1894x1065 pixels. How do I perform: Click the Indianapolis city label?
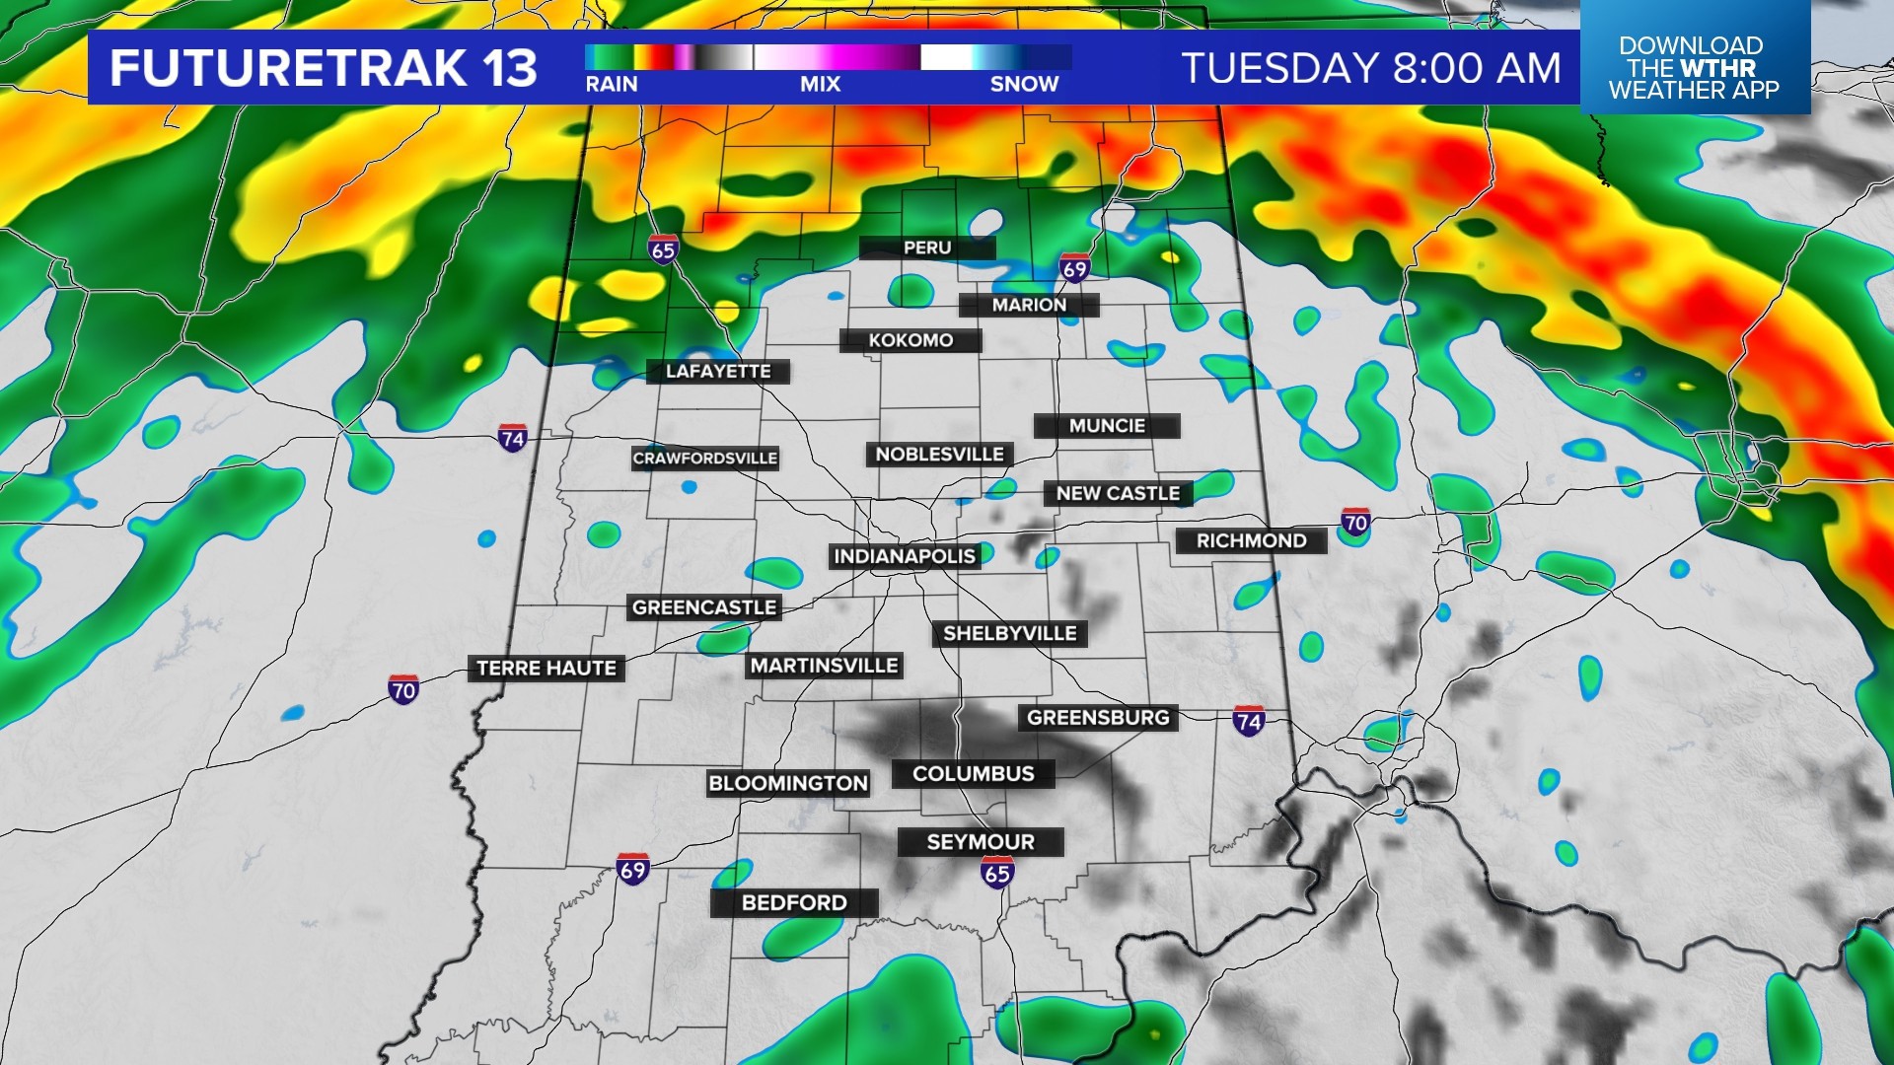click(x=905, y=556)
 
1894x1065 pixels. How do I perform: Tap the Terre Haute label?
click(x=546, y=669)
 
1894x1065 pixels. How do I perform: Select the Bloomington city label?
click(x=787, y=784)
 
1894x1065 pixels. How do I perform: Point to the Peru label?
click(x=927, y=248)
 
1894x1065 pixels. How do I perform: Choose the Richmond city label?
click(x=1251, y=540)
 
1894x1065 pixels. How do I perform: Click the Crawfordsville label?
click(x=705, y=459)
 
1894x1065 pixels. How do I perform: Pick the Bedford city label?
click(x=794, y=902)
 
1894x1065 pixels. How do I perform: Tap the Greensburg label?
click(x=1098, y=718)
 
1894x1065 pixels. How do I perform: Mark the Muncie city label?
click(x=1107, y=426)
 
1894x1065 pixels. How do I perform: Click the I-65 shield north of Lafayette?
click(x=664, y=249)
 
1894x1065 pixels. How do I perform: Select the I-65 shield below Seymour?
click(x=997, y=872)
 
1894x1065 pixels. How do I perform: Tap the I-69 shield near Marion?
click(x=1074, y=268)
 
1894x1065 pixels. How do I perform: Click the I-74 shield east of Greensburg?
click(x=1249, y=721)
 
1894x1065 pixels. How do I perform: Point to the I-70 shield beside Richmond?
click(x=1355, y=523)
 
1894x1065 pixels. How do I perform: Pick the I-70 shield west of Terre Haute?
click(x=403, y=689)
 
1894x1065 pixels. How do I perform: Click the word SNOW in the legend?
click(x=1024, y=85)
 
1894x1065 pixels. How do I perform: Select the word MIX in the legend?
click(x=820, y=85)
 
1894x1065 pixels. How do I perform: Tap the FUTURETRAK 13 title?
click(x=324, y=68)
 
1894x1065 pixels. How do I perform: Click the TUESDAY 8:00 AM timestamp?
click(x=1371, y=68)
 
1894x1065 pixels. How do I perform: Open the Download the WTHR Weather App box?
click(x=1694, y=67)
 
